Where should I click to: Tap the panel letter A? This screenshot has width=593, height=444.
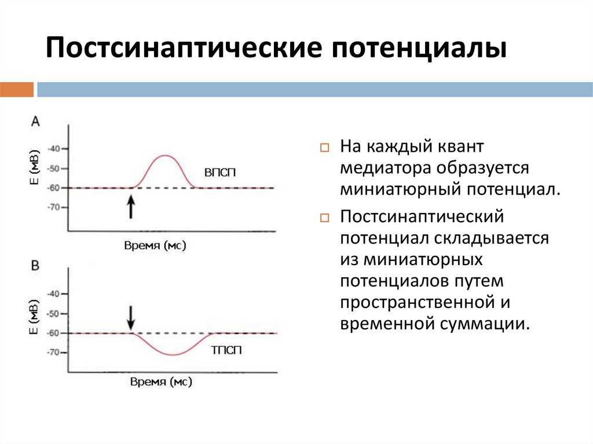pos(35,121)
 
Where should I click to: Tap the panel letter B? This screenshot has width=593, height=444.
pos(35,265)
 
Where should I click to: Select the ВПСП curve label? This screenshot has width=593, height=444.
pos(220,173)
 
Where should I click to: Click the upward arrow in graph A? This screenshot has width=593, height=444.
pos(131,207)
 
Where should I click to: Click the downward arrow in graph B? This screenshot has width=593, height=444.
pos(131,317)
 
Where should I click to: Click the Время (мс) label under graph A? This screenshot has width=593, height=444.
pos(155,245)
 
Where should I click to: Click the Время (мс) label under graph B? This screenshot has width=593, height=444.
pos(160,383)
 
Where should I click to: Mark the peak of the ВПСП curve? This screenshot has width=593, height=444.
pos(165,155)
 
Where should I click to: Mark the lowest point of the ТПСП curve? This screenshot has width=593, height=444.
pos(172,354)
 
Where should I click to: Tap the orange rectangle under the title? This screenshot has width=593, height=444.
pos(16,90)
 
